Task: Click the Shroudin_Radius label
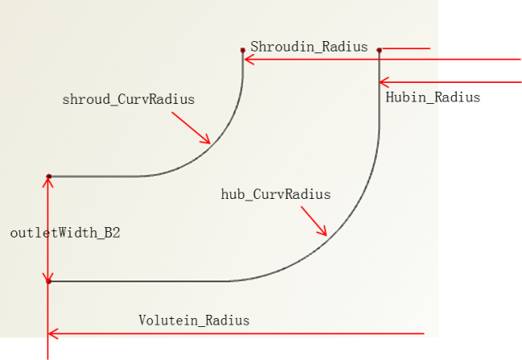[309, 47]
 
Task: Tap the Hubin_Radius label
[433, 97]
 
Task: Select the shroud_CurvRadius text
[129, 100]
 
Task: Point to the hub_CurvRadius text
[275, 194]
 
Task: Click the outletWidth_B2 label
[65, 233]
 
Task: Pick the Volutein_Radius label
[194, 321]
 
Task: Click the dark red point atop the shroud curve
[242, 50]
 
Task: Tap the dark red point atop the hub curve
[379, 50]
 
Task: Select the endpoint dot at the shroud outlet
[49, 176]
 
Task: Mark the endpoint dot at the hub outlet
[49, 282]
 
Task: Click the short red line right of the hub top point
[406, 48]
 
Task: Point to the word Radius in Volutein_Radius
[227, 321]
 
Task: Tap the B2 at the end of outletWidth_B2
[112, 233]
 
